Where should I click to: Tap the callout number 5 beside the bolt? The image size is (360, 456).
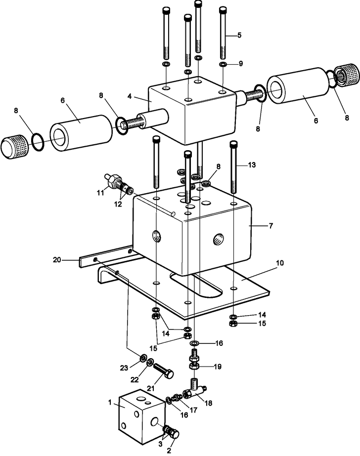tap(239, 35)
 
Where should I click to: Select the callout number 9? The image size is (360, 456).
tap(241, 64)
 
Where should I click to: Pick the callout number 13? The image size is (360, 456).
tap(252, 165)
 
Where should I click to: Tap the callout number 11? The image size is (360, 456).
tap(100, 193)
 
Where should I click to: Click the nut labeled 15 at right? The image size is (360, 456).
tap(234, 324)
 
